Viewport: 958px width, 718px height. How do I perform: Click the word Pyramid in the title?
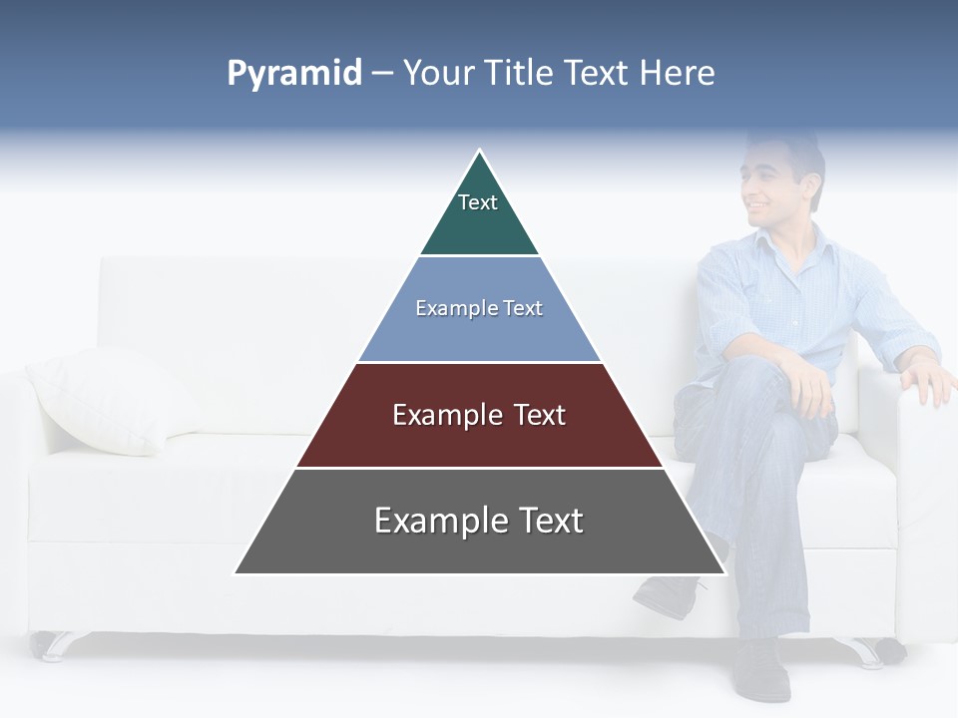293,74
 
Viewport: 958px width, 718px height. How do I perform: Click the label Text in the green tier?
477,202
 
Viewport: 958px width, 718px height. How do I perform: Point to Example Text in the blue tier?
479,308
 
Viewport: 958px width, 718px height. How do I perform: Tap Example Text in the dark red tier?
479,415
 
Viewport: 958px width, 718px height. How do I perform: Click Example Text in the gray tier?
479,521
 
